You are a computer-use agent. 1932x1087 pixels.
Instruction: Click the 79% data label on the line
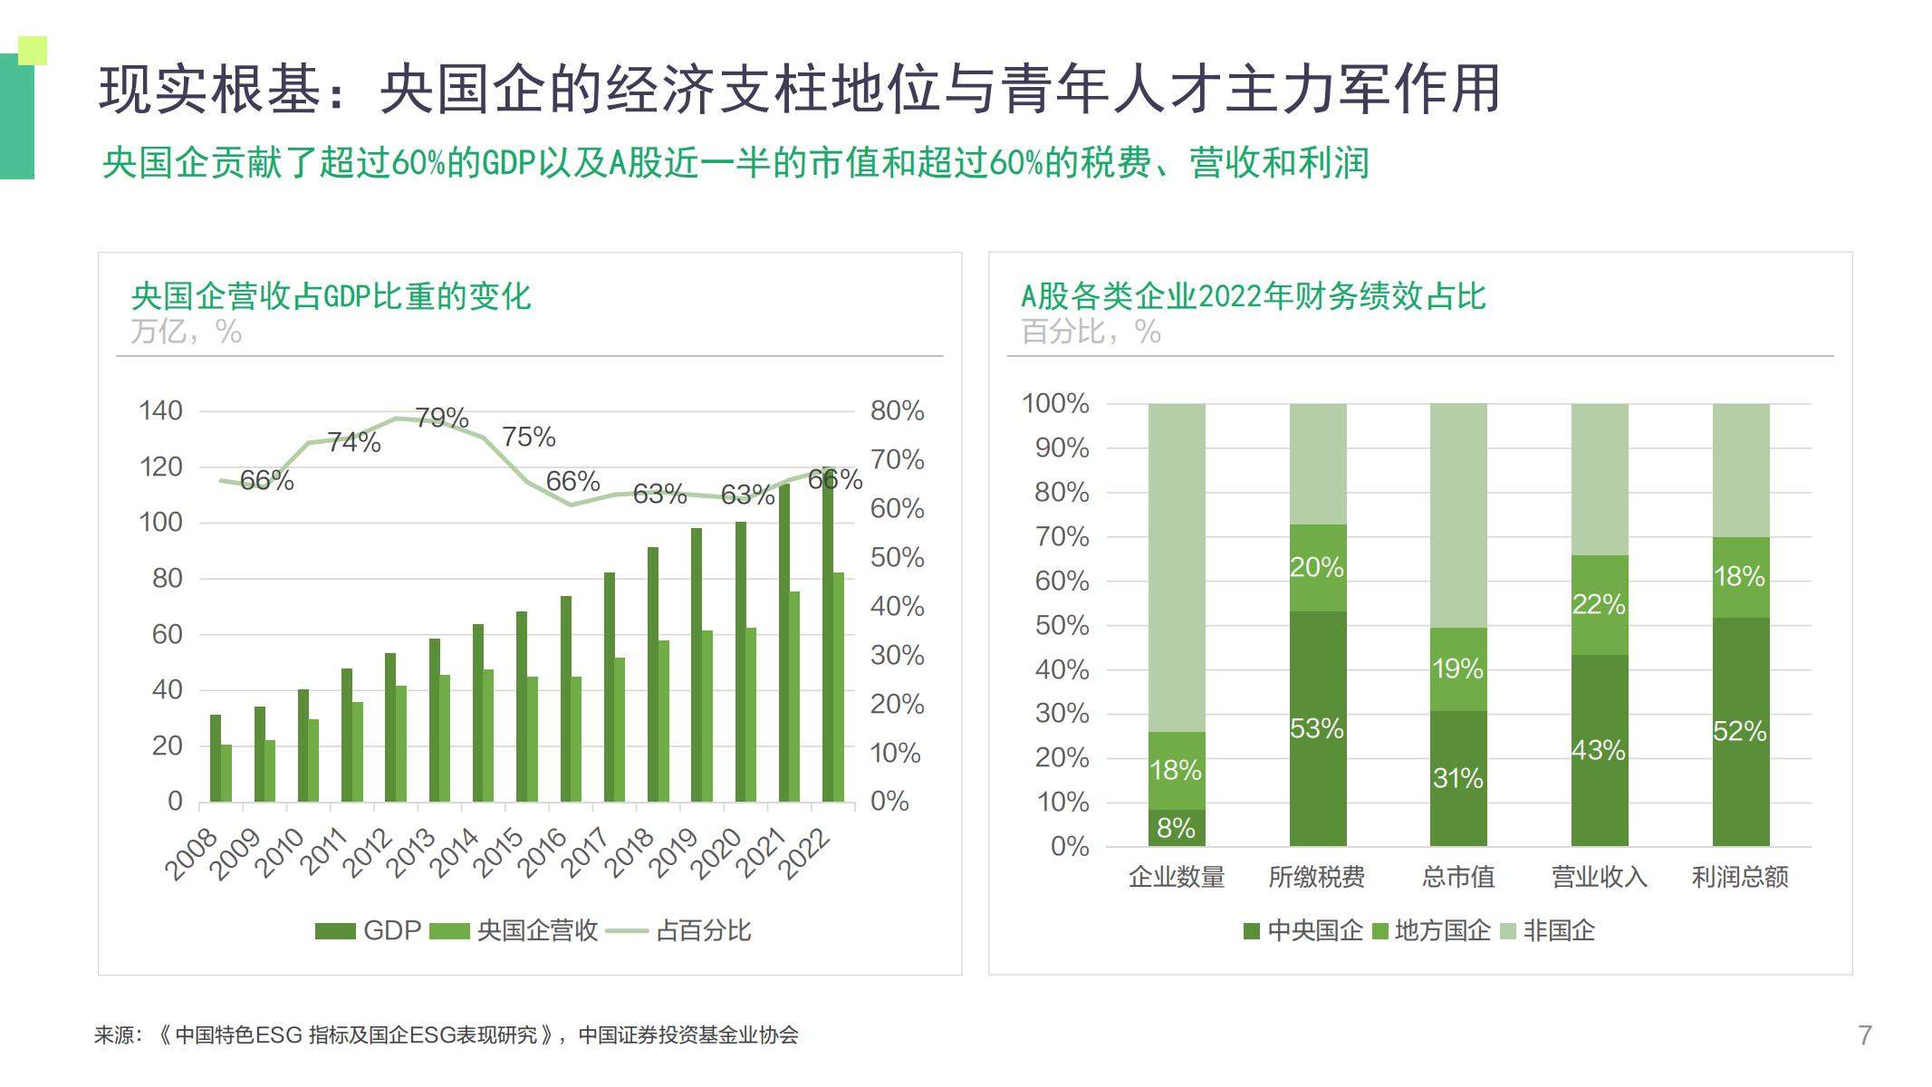[441, 418]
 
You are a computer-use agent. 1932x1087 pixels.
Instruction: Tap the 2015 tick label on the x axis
[499, 851]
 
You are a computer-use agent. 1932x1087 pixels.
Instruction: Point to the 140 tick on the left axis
[160, 410]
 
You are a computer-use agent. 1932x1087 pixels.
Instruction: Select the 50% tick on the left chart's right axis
[897, 557]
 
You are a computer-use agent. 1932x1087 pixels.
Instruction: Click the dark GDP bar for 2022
[828, 634]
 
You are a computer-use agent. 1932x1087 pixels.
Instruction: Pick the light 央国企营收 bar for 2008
[226, 773]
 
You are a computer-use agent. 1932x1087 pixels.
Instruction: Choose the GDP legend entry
[369, 930]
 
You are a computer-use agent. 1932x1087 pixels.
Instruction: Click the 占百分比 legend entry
[680, 930]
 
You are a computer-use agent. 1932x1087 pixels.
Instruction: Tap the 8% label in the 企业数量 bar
[1176, 828]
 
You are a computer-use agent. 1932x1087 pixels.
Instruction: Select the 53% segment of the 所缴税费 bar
[1317, 728]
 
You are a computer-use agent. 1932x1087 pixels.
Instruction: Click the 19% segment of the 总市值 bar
[1457, 669]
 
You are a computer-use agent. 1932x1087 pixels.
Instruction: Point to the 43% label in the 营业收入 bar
[1599, 750]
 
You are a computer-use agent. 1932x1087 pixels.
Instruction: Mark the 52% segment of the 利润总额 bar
[1740, 731]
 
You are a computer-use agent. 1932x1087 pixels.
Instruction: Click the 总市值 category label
[1457, 877]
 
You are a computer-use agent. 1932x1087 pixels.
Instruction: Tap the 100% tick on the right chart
[1055, 404]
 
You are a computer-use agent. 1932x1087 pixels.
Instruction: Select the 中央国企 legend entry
[1303, 930]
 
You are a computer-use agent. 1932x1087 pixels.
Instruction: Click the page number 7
[1865, 1035]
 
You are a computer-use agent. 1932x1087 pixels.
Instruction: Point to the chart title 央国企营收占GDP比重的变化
[331, 296]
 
